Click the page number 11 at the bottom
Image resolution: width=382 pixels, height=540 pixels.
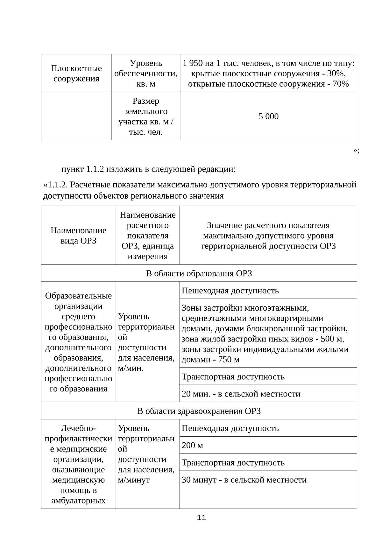[202, 518]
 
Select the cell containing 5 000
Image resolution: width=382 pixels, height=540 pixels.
[268, 116]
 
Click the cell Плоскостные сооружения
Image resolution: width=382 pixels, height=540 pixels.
[76, 74]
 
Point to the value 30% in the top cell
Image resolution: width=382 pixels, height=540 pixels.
[335, 74]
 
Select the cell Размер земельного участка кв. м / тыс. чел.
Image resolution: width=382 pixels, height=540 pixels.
[146, 116]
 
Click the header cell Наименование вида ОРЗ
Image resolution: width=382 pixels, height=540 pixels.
[78, 235]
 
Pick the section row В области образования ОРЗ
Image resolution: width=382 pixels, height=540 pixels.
[199, 273]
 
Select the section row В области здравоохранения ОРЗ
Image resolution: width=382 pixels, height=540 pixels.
[199, 411]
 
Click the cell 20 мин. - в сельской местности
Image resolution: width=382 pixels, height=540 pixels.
[241, 394]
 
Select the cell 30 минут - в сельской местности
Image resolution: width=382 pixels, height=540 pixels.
[244, 480]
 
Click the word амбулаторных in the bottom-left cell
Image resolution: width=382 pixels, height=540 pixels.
[78, 501]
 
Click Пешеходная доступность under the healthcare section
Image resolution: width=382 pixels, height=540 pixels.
[230, 428]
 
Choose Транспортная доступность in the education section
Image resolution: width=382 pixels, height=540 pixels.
[233, 377]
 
